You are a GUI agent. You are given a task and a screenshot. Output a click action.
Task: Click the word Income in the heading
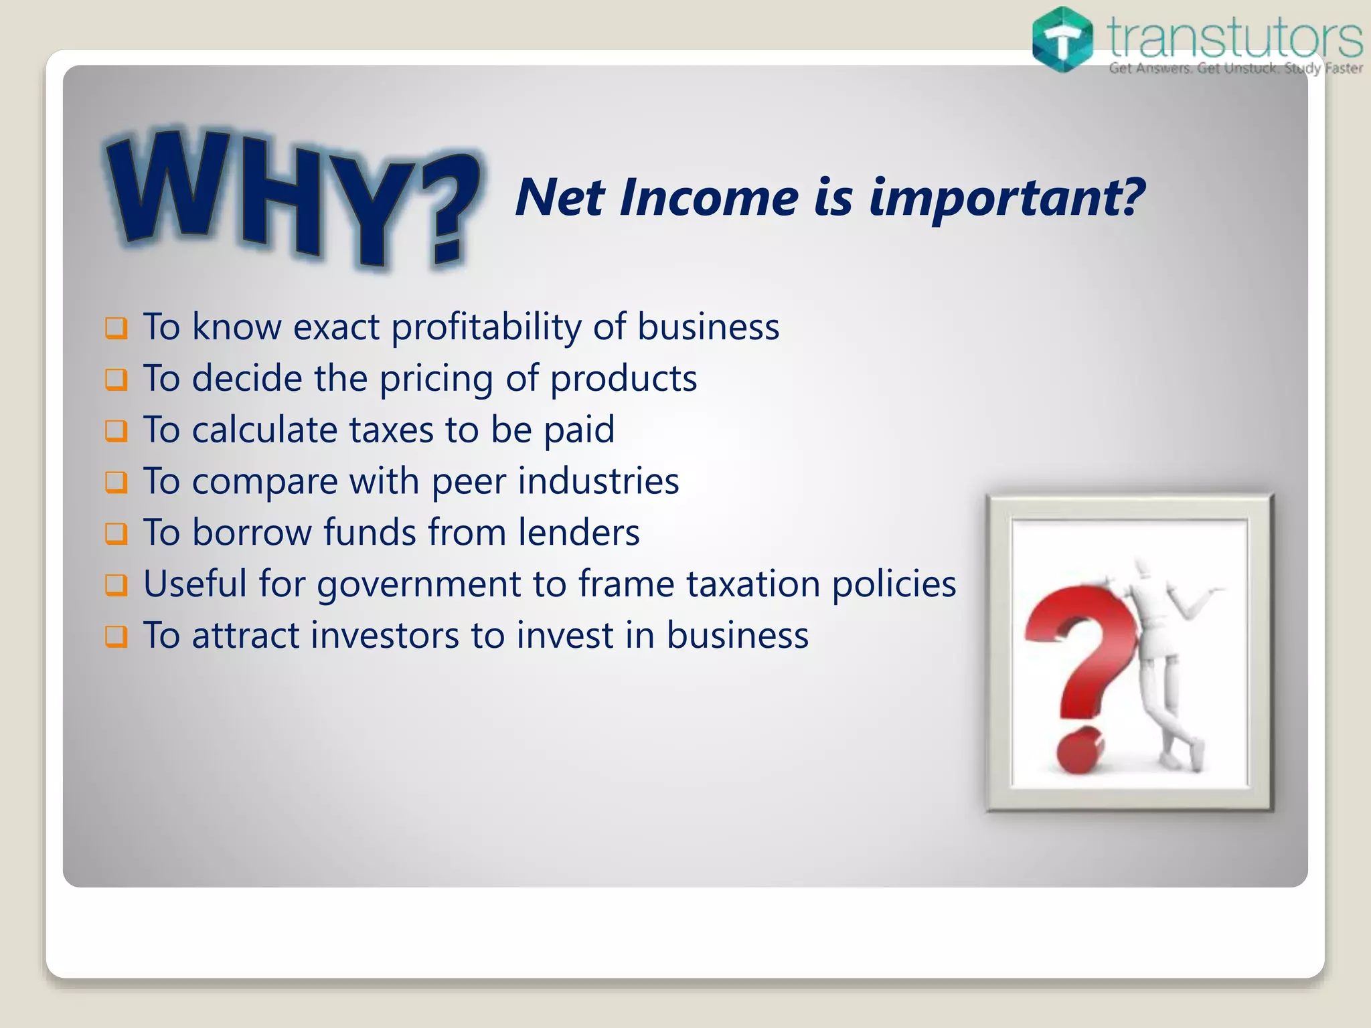[709, 198]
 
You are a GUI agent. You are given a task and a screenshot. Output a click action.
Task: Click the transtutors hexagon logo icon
[1062, 39]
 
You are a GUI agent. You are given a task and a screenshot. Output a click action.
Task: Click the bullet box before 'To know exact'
[116, 328]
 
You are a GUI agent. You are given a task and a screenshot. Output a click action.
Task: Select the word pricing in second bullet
[436, 379]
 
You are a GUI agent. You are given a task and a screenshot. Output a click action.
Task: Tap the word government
[418, 585]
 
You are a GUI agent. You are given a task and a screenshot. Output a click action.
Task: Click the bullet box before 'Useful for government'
[116, 585]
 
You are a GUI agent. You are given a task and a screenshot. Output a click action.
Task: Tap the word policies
[894, 585]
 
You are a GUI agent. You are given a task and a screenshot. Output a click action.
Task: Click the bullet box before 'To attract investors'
[116, 636]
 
